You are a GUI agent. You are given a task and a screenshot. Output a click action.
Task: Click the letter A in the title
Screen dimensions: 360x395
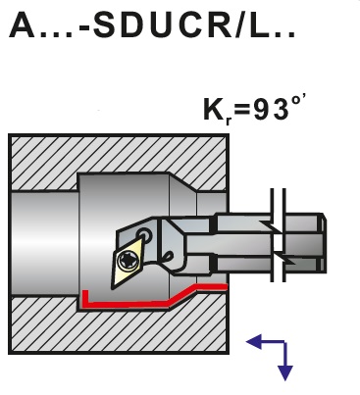[23, 25]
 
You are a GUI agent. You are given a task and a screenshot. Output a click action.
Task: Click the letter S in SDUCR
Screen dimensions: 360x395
[105, 25]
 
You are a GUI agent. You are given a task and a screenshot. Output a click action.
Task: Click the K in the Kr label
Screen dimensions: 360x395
[214, 110]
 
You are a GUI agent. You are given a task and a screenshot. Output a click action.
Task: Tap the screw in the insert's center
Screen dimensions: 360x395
[128, 261]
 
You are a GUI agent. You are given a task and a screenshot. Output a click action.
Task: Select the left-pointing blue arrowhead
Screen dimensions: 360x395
[254, 342]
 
